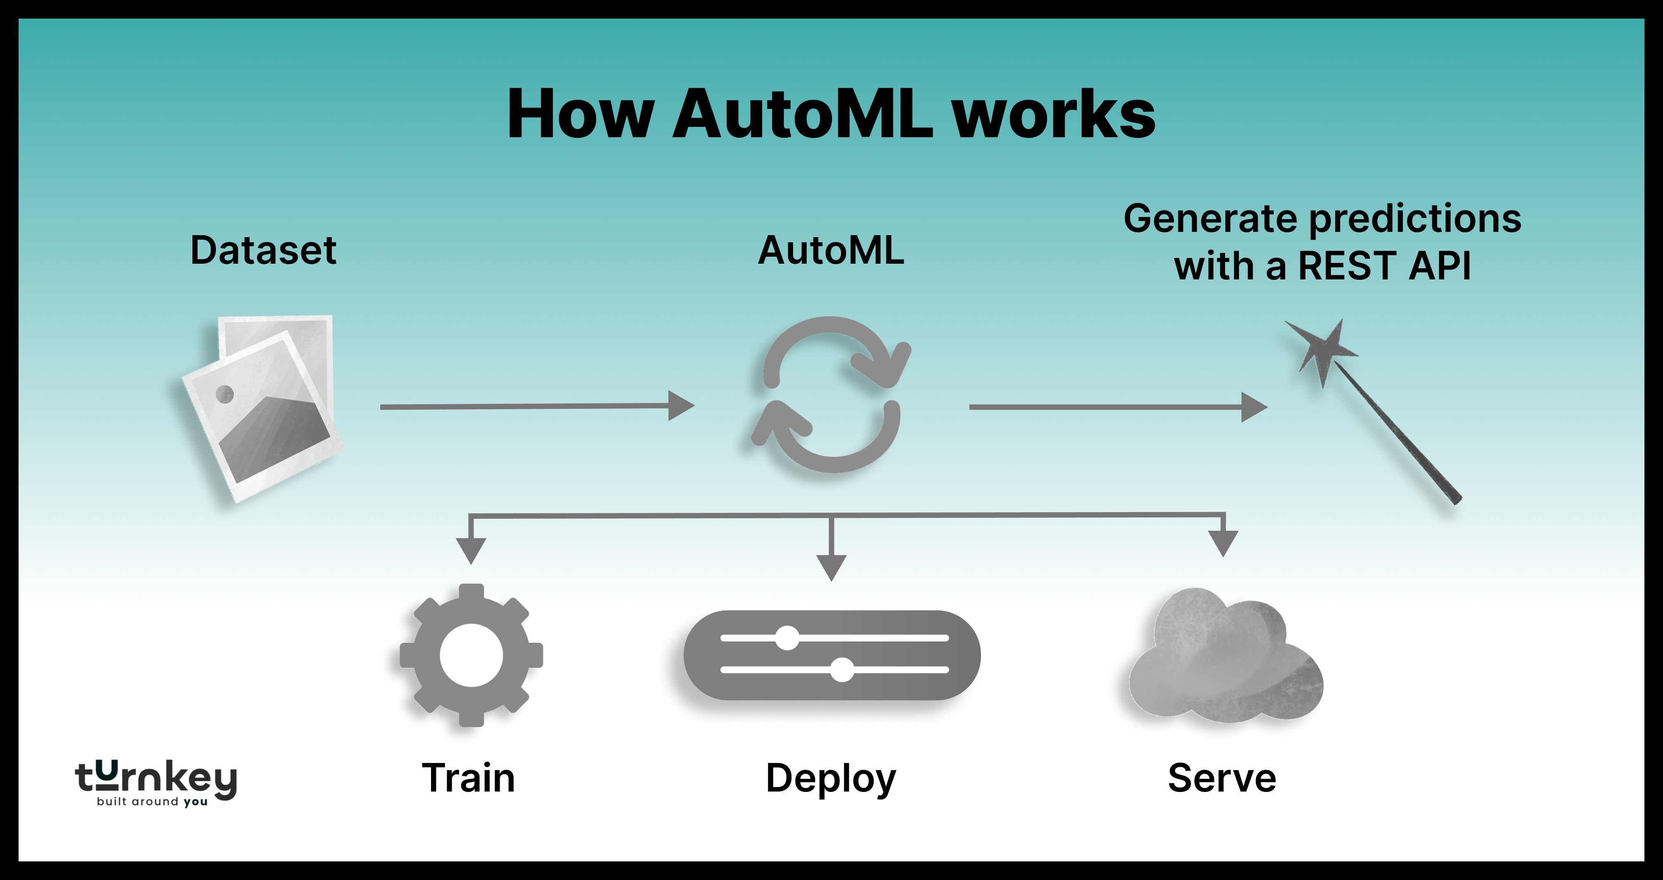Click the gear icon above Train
point(471,655)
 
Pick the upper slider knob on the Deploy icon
point(787,638)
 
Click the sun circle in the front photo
point(224,393)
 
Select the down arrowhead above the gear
point(471,551)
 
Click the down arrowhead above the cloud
point(1223,543)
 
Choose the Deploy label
point(831,779)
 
